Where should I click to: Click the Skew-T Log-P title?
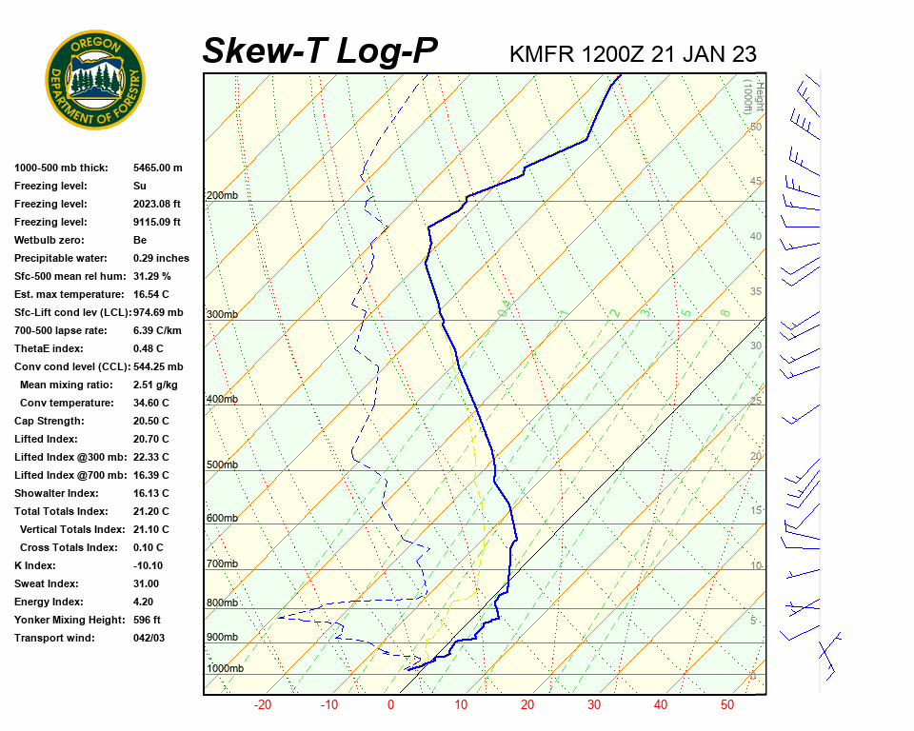coord(321,51)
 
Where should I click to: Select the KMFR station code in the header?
coord(542,54)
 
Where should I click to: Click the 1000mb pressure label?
coord(225,669)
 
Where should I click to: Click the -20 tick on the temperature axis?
coord(263,705)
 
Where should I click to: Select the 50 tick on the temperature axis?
coord(726,705)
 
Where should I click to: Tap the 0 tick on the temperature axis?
coord(390,705)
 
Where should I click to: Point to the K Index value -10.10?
coord(150,565)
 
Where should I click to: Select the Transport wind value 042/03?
coord(149,638)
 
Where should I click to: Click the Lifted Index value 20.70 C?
coord(151,439)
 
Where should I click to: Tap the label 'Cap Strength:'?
coord(50,421)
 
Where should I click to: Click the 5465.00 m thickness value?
coord(158,168)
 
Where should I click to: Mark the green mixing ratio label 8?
coord(725,312)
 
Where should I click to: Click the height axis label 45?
coord(756,182)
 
